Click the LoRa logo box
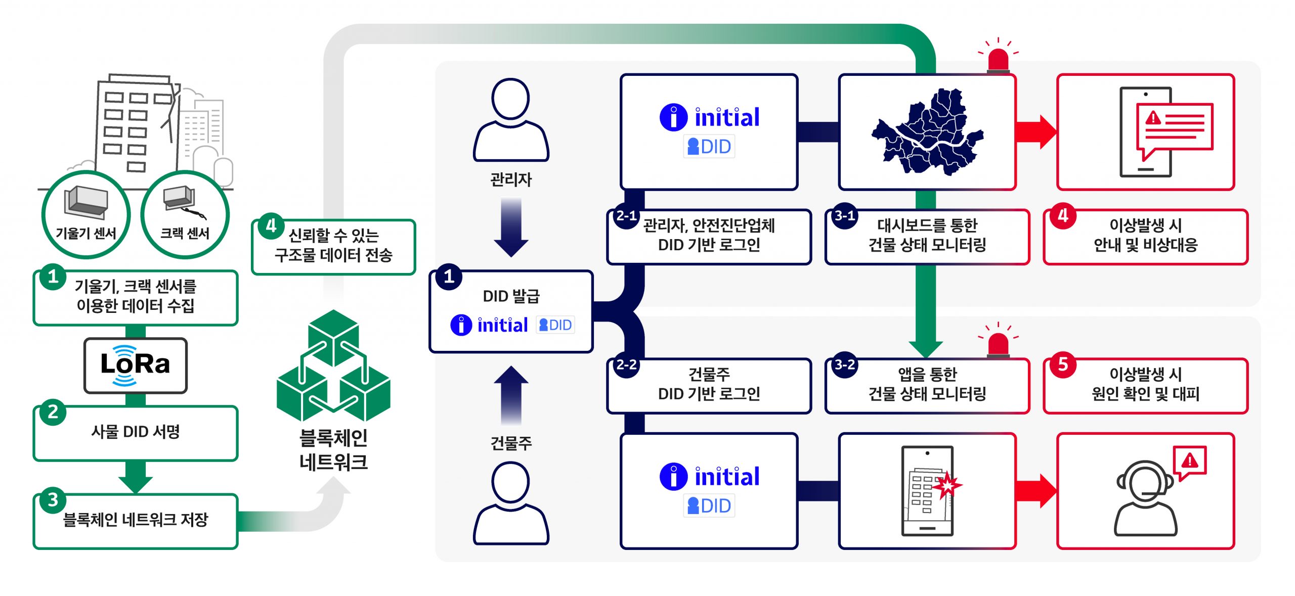135,365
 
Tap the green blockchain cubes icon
333,366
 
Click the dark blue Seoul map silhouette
927,132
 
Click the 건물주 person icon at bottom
511,503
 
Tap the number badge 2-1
626,216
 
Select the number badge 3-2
845,365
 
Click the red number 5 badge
1063,364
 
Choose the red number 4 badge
1063,216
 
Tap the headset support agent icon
1146,498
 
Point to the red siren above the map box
998,59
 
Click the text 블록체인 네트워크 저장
136,520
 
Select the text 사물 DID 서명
136,432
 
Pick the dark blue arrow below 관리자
511,227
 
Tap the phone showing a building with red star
927,490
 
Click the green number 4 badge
271,226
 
